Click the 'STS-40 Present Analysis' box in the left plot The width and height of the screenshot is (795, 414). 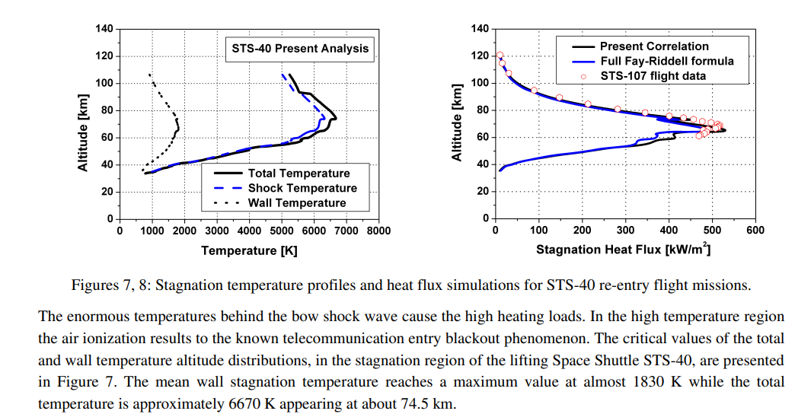point(300,49)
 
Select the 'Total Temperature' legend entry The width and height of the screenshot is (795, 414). point(299,174)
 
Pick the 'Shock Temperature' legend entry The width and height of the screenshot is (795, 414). point(302,188)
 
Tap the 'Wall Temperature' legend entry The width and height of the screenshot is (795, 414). point(296,202)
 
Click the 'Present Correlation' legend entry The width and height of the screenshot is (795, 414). point(654,46)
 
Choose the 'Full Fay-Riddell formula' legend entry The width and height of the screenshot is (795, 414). point(666,61)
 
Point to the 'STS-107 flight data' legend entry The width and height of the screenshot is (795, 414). point(653,75)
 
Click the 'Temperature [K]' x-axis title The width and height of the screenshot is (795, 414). point(249,250)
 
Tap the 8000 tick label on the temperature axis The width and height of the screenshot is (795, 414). point(378,231)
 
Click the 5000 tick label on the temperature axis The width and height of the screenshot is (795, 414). point(281,231)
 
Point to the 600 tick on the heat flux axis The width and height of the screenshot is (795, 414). point(755,231)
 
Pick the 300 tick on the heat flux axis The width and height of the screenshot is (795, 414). point(625,231)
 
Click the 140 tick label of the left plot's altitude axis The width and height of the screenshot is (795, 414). point(104,29)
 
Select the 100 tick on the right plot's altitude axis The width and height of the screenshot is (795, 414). point(480,83)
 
